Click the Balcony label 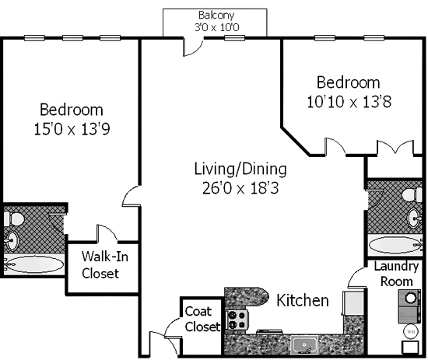216,16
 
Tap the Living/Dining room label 240,169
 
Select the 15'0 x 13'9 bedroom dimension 72,129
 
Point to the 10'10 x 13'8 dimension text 349,102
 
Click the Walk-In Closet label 105,265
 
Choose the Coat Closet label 202,319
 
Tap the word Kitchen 303,300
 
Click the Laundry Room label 396,274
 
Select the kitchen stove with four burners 237,320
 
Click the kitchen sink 304,344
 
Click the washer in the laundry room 409,298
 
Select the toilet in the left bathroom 14,219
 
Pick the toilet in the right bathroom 412,195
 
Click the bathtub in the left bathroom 34,264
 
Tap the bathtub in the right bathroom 395,245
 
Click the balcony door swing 194,47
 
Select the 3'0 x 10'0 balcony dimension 217,27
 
